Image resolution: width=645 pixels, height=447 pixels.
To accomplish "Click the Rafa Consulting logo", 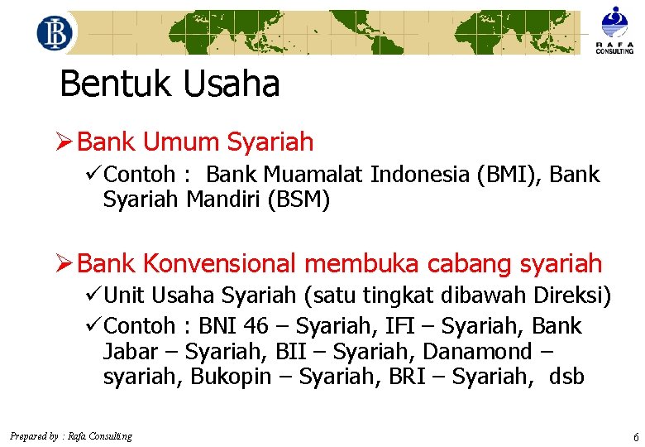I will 614,30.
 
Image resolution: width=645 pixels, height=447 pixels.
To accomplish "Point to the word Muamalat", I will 314,175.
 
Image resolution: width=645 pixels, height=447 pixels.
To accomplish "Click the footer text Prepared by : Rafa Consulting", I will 70,436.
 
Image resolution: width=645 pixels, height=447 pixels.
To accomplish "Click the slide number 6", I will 635,436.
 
